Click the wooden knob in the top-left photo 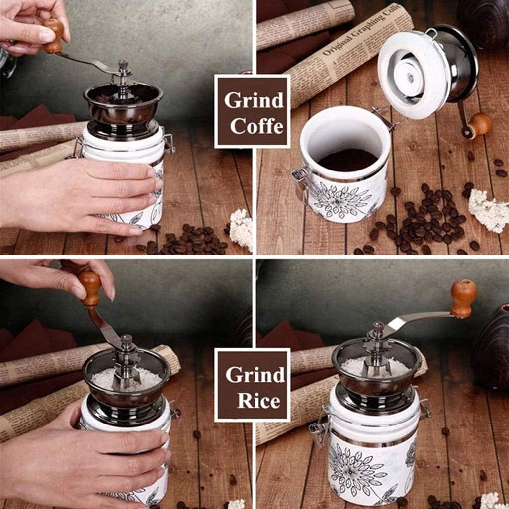pos(54,35)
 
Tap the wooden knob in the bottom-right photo pos(463,297)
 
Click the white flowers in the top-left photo pos(242,229)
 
